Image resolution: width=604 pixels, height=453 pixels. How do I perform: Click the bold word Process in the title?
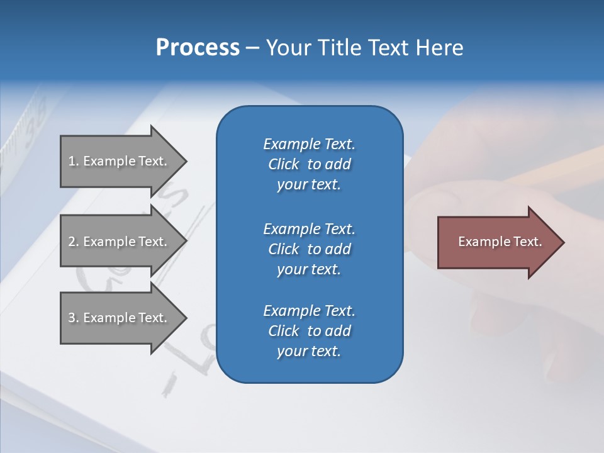point(198,48)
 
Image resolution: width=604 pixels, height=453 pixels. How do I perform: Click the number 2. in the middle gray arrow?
point(74,242)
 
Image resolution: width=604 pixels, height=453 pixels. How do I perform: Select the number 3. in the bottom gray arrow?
point(74,318)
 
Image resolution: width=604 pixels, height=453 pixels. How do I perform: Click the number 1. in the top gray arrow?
point(74,161)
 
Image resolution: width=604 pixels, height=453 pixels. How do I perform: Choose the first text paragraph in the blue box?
point(309,164)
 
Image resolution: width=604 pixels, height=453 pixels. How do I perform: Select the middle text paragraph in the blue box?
point(309,249)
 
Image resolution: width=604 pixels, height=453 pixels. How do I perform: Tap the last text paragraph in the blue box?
point(309,331)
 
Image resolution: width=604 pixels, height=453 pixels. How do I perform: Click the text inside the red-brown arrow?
point(500,242)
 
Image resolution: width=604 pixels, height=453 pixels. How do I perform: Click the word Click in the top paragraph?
point(283,164)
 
